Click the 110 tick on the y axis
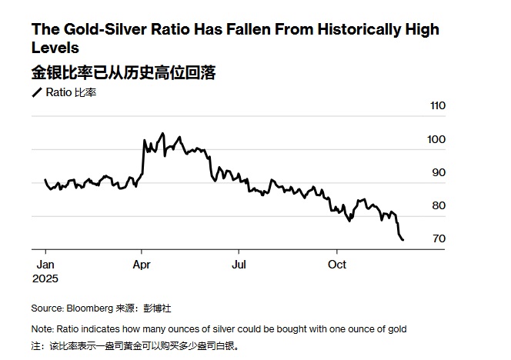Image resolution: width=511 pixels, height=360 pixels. pos(437,106)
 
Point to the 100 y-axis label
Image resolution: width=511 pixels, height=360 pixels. pos(437,139)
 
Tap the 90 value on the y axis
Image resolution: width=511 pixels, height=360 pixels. pos(439,172)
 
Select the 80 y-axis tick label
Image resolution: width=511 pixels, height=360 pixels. pos(439,205)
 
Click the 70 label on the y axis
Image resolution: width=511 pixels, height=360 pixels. pos(439,238)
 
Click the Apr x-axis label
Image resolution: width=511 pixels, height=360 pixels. pos(142,264)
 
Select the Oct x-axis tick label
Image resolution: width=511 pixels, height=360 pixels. pos(337,264)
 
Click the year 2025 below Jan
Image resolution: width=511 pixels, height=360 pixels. pos(45,278)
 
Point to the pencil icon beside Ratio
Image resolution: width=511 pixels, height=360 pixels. pos(36,93)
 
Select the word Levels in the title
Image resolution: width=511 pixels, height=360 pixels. pos(55,48)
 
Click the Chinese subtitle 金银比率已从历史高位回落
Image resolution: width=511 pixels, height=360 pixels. pos(123,72)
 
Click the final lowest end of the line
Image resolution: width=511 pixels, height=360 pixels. pos(402,239)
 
